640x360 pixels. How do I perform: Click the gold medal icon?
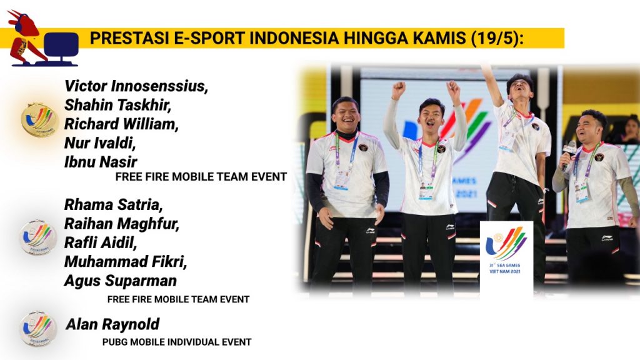pos(38,119)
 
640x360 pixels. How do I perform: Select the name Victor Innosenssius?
pos(136,86)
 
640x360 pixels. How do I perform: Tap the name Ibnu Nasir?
pos(101,162)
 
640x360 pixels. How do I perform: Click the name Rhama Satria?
pos(114,204)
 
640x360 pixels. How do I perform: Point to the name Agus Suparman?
pos(121,281)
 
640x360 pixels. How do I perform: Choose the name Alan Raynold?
pos(112,324)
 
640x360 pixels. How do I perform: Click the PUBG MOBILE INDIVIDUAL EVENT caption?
pos(177,342)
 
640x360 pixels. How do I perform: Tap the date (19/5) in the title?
pos(497,38)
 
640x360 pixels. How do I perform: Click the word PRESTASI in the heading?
pos(129,38)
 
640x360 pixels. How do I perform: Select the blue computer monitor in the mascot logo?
pos(61,46)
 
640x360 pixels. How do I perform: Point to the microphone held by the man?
pos(568,153)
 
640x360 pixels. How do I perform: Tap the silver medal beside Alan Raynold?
pos(38,328)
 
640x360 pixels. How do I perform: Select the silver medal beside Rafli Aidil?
pos(38,237)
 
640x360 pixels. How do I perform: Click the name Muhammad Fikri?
pos(125,262)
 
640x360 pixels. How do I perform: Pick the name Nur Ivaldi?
pos(100,143)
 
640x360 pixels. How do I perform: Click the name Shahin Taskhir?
pos(117,105)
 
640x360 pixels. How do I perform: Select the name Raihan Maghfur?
pos(122,224)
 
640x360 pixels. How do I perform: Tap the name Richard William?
pos(121,124)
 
